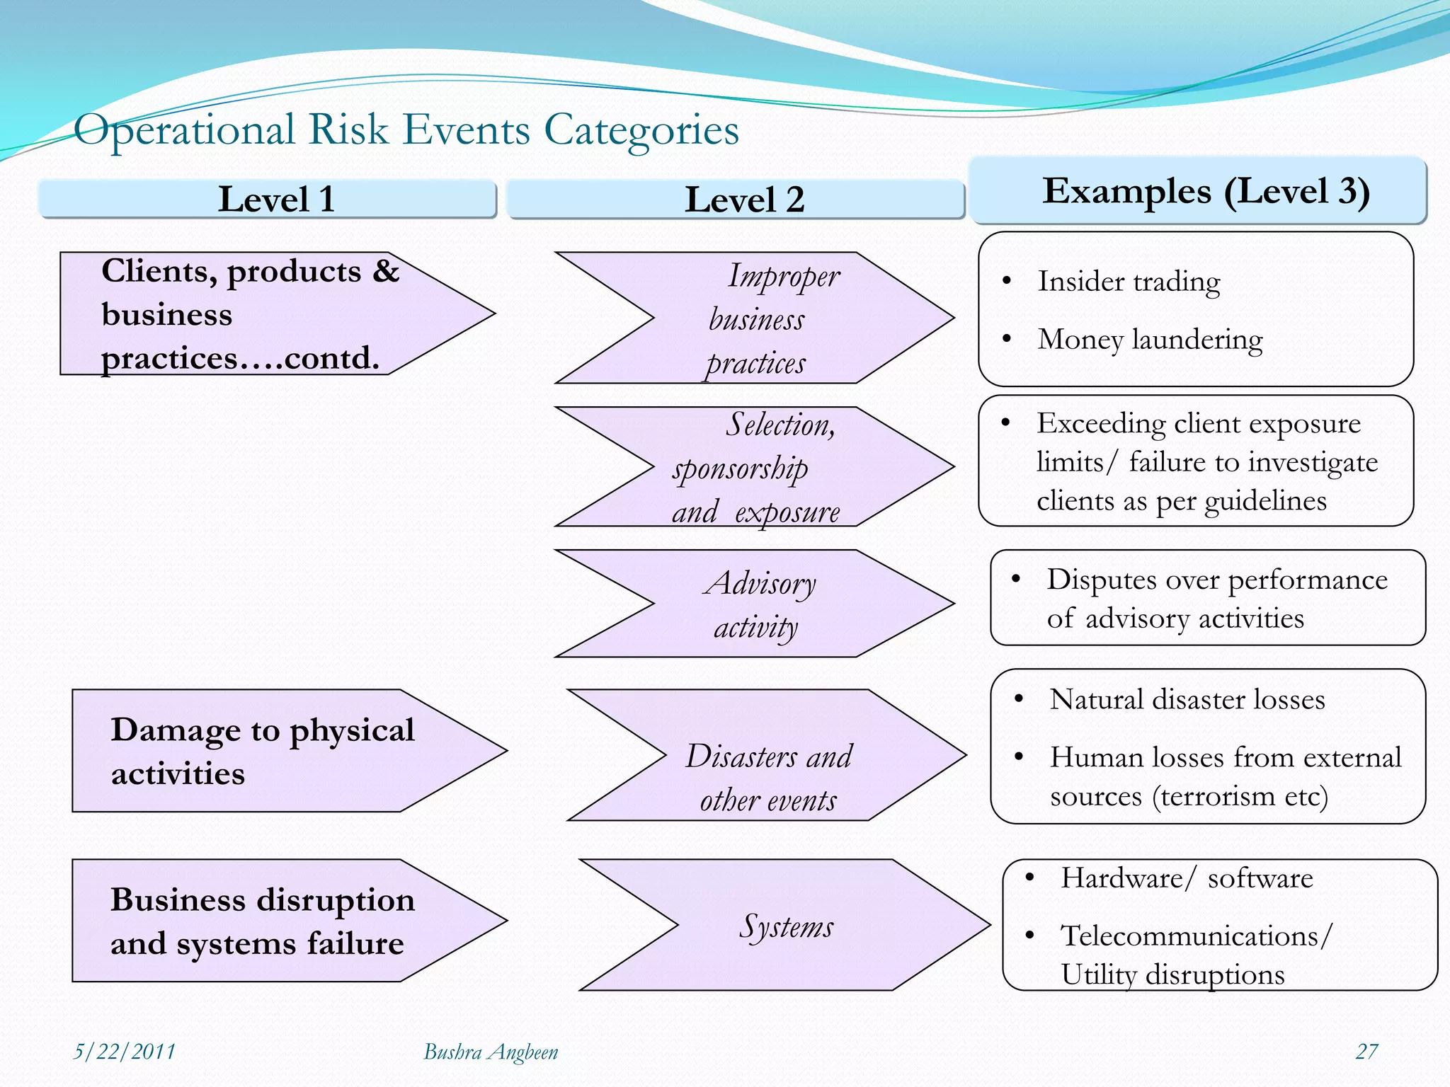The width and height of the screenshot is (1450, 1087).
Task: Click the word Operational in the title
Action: click(x=184, y=130)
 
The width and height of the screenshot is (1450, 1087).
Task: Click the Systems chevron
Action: click(x=786, y=926)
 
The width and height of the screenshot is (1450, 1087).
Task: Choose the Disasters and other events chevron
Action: click(x=768, y=777)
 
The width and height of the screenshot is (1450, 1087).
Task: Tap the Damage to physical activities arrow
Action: click(x=262, y=750)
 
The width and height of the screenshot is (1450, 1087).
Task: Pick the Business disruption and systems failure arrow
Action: click(x=262, y=921)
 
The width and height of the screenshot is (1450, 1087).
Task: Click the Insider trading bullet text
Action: click(x=1129, y=282)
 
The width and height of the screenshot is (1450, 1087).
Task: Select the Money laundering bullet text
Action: click(x=1150, y=340)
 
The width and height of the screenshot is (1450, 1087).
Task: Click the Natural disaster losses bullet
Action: click(x=1187, y=699)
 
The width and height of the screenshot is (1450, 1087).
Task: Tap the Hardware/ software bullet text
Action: click(x=1187, y=878)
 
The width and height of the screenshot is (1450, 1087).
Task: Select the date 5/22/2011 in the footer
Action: click(x=125, y=1052)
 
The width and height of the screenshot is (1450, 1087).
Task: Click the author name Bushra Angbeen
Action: click(x=491, y=1052)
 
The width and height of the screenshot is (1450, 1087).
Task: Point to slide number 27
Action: click(x=1366, y=1052)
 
